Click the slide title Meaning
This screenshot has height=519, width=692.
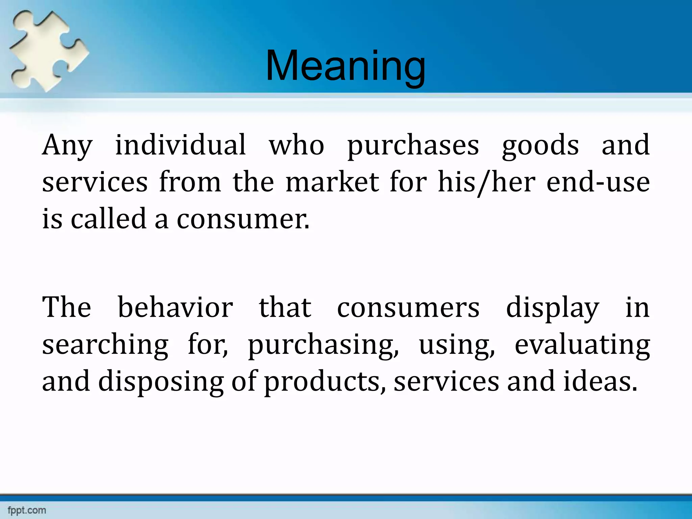[345, 66]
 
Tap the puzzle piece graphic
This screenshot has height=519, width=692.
[47, 51]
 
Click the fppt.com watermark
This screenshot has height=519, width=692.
[27, 510]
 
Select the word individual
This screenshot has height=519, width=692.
[180, 145]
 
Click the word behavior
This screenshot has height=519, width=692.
[175, 307]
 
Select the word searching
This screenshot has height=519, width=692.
[105, 345]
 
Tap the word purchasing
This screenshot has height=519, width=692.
[323, 345]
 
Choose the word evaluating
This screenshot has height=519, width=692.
[582, 345]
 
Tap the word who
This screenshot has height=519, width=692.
[296, 145]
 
